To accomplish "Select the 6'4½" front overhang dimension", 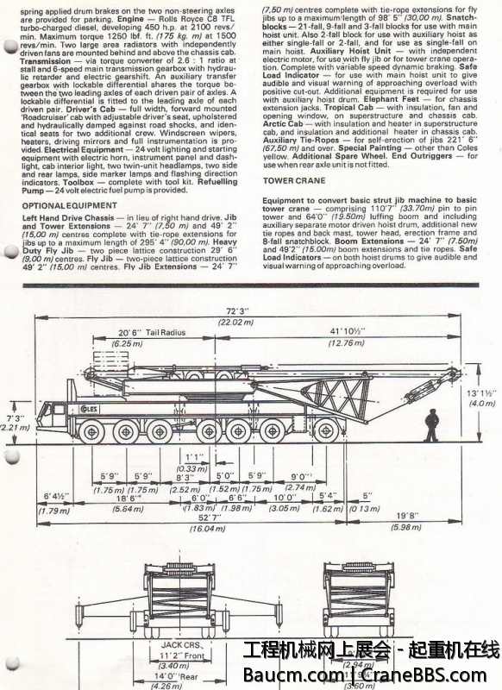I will tap(56, 498).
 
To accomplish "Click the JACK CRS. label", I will tap(180, 643).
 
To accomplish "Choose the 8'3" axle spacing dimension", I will tap(184, 476).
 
